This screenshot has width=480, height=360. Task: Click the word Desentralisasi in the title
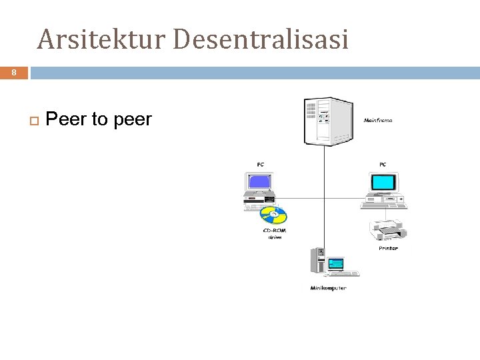(x=261, y=39)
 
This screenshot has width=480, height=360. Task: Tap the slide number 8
(x=13, y=73)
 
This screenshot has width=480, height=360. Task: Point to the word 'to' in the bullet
(x=99, y=120)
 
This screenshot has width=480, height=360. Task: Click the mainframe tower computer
(x=327, y=121)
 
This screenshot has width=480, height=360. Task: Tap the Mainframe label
(x=378, y=121)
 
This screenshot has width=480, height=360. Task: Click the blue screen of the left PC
(x=258, y=181)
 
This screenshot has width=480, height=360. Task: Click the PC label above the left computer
(x=260, y=164)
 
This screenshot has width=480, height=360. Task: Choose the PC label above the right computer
(x=383, y=164)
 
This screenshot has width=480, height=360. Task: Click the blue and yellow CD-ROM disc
(x=273, y=215)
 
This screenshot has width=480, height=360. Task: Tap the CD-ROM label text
(x=275, y=231)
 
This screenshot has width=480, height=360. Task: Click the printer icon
(x=388, y=230)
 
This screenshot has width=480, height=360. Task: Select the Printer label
(x=388, y=248)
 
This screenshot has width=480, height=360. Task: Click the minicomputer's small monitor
(x=335, y=264)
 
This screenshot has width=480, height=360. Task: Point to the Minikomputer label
(x=328, y=288)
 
